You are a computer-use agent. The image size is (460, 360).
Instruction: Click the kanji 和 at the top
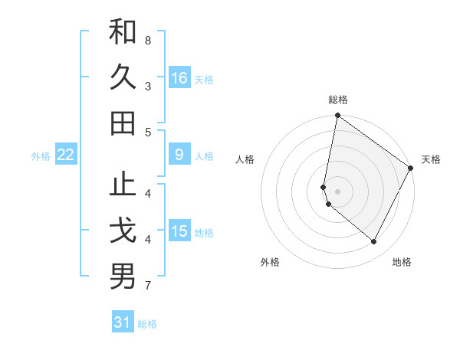coord(123,32)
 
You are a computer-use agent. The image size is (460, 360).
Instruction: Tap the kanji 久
coord(123,77)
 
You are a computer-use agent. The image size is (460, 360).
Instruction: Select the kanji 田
coord(123,123)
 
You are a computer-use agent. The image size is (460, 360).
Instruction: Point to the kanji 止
coord(123,186)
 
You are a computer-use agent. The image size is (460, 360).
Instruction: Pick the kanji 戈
coord(123,231)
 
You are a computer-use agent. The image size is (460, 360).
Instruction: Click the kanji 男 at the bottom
coord(123,277)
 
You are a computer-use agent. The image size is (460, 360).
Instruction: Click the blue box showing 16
coord(179,78)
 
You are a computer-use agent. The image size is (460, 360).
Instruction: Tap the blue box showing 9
coord(179,155)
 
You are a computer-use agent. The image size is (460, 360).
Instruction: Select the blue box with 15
coord(179,232)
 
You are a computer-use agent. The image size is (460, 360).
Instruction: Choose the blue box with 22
coord(66,155)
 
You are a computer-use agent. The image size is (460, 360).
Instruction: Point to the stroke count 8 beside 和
coord(148,39)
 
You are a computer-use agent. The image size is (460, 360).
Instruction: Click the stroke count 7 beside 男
coord(148,286)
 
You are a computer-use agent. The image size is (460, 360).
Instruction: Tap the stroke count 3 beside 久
coord(148,86)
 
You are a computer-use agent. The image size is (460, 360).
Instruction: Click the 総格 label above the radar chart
coord(338,100)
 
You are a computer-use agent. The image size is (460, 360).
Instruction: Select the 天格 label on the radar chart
coord(431,159)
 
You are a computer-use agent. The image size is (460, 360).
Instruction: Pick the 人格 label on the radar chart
coord(245,159)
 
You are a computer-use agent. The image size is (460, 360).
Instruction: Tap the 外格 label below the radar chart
coord(270,262)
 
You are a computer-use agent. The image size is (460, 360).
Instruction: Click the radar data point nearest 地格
coord(374,242)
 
